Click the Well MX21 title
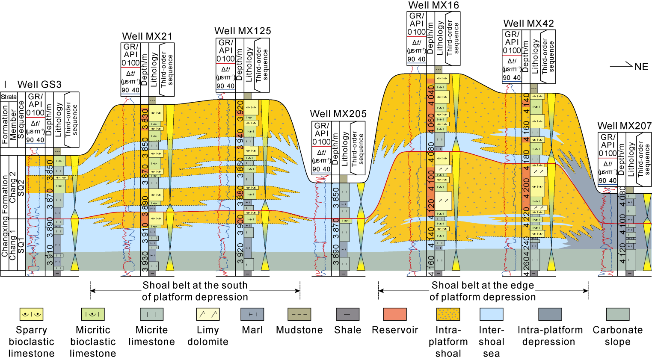click(x=147, y=36)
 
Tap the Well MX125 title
click(x=243, y=31)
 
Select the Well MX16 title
click(x=433, y=5)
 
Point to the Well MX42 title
click(x=528, y=24)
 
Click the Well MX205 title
click(x=338, y=114)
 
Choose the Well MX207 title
click(x=624, y=126)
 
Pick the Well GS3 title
click(x=39, y=84)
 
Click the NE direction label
click(x=641, y=67)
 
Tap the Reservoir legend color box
click(x=395, y=314)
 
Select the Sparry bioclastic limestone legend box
click(x=31, y=314)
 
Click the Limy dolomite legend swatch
click(x=207, y=314)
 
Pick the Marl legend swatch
click(x=252, y=314)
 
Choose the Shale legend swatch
click(x=347, y=314)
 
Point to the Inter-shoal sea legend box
click(x=491, y=314)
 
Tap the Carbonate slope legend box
click(x=617, y=314)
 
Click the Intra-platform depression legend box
click(x=550, y=314)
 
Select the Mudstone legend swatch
click(x=299, y=314)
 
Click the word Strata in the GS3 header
click(x=9, y=97)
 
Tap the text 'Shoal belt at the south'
click(x=195, y=285)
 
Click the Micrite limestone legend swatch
click(x=151, y=314)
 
